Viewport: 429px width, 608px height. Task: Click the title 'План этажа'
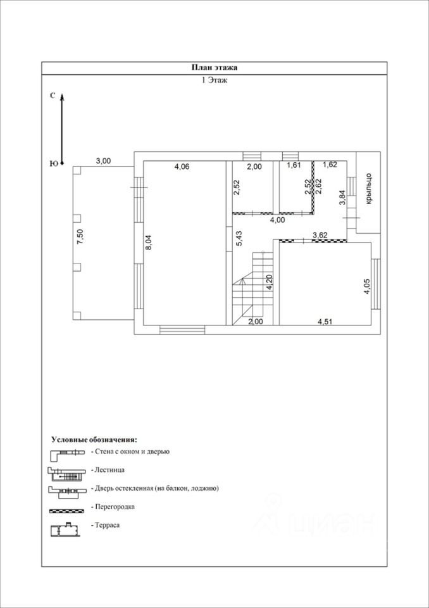[x=214, y=68]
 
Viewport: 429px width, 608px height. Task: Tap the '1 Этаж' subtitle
[x=214, y=80]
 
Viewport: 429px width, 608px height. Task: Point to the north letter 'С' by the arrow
[x=53, y=96]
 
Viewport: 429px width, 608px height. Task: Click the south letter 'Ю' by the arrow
[x=54, y=163]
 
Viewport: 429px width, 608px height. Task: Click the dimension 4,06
[x=182, y=167]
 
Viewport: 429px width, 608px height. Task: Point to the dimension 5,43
[x=239, y=239]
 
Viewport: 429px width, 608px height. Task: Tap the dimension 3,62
[x=320, y=234]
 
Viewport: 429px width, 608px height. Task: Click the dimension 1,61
[x=294, y=165]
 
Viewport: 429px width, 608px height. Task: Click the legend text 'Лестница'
[x=109, y=469]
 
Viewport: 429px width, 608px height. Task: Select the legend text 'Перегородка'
[x=113, y=507]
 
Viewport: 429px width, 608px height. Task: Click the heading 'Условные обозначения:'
[x=94, y=440]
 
